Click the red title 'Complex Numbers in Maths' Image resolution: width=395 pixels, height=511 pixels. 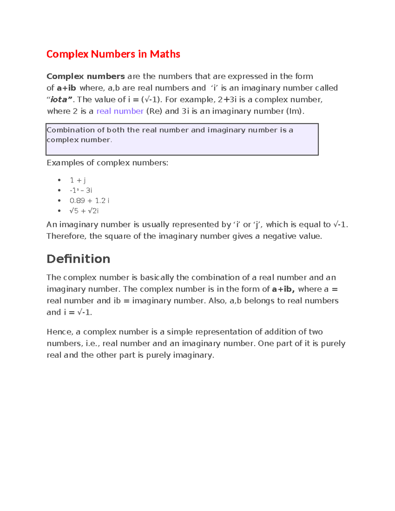point(113,54)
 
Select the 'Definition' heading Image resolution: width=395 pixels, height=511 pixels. point(78,259)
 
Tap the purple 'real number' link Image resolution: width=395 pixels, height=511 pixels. point(120,111)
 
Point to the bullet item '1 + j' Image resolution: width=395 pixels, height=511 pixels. point(78,180)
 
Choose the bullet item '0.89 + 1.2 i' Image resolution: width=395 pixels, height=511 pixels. point(89,201)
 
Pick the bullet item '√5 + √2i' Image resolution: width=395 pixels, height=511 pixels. point(84,211)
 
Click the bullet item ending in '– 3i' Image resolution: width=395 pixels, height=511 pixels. point(81,191)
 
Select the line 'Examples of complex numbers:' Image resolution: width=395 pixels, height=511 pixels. point(107,163)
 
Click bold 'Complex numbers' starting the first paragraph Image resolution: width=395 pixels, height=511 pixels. point(86,76)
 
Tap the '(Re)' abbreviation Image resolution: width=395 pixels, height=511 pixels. point(154,111)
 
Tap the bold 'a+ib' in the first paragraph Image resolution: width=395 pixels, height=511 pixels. point(66,88)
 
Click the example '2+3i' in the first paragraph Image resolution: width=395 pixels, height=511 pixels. point(227,100)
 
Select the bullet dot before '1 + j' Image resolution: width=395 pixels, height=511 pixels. point(59,180)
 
